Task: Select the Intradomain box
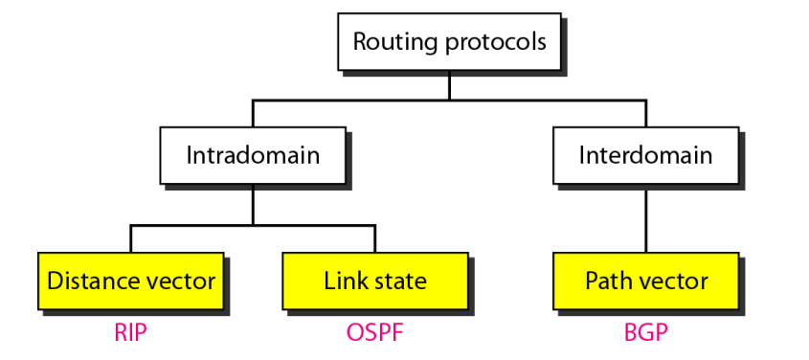pyautogui.click(x=253, y=155)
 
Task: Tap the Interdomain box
pyautogui.click(x=645, y=155)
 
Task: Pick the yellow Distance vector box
pyautogui.click(x=131, y=281)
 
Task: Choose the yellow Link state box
pyautogui.click(x=374, y=281)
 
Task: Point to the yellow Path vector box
pyautogui.click(x=645, y=281)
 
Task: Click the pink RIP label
pyautogui.click(x=131, y=333)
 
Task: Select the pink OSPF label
pyautogui.click(x=374, y=333)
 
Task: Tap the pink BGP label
pyautogui.click(x=645, y=333)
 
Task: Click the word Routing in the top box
pyautogui.click(x=391, y=43)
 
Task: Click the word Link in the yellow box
pyautogui.click(x=343, y=281)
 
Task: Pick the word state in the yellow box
pyautogui.click(x=396, y=281)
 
